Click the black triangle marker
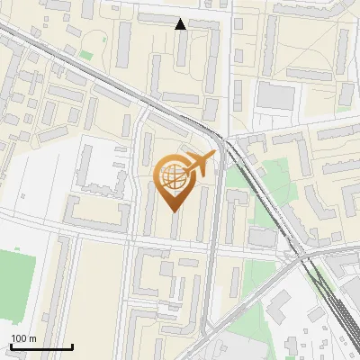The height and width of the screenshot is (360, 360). (181, 24)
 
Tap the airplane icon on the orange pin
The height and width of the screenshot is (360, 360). (200, 165)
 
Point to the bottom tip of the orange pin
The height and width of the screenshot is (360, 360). (174, 212)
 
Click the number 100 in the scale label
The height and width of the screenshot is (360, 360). (20, 338)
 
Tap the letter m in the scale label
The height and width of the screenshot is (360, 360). (33, 338)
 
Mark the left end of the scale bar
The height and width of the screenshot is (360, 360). (10, 346)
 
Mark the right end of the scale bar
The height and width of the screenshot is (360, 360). (72, 346)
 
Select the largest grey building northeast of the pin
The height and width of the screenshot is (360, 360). (274, 94)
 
